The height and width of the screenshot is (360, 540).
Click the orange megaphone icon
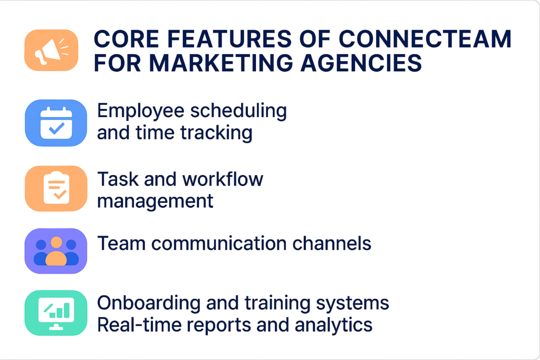51,51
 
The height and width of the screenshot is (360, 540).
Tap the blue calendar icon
56,123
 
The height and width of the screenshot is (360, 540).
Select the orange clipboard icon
56,188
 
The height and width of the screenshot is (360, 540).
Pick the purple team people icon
56,251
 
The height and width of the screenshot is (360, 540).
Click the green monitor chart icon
56,313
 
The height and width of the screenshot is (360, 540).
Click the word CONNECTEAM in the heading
425,40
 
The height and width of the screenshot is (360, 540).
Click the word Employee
141,111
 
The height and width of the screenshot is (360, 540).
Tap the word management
156,201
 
